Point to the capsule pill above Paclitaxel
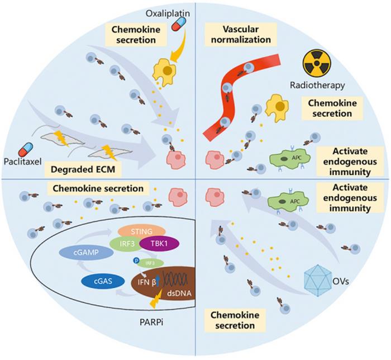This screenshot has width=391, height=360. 26,150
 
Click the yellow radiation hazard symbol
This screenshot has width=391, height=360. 314,63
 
